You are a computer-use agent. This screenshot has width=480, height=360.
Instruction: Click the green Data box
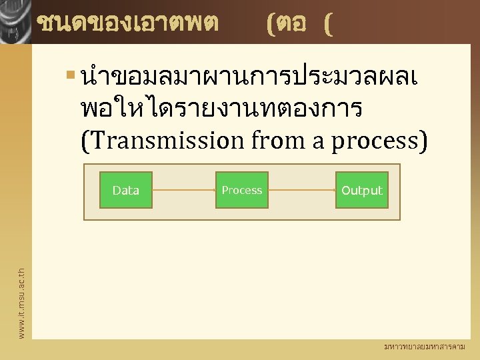pos(126,190)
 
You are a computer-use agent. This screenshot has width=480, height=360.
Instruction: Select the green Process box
pos(242,190)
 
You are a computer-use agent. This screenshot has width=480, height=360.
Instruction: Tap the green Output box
pos(362,190)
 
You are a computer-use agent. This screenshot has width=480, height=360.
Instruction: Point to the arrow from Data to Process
pos(183,191)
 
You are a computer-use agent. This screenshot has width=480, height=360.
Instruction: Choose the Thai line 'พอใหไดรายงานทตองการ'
pos(221,109)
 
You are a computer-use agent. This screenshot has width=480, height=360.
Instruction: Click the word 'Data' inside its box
pos(126,191)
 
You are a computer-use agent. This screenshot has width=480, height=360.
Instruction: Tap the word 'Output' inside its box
pos(362,191)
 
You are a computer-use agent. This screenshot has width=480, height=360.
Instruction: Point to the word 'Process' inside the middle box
pos(242,191)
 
